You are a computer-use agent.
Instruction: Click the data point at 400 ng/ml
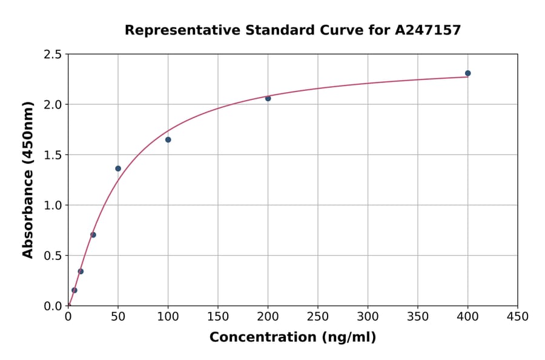click(467, 73)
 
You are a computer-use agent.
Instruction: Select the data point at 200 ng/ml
click(268, 98)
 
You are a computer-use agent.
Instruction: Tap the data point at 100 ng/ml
click(168, 140)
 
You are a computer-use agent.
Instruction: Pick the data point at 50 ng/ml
click(118, 168)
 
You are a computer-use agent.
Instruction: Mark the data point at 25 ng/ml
click(93, 235)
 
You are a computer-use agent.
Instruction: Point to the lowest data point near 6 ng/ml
click(74, 290)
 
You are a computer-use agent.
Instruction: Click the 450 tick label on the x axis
click(518, 316)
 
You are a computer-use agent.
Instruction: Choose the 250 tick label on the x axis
click(318, 316)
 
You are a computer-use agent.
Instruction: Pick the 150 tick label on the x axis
click(218, 316)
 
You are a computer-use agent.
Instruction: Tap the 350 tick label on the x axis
click(418, 316)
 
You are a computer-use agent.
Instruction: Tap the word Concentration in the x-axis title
click(262, 338)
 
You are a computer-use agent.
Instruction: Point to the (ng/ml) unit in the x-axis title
click(349, 338)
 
